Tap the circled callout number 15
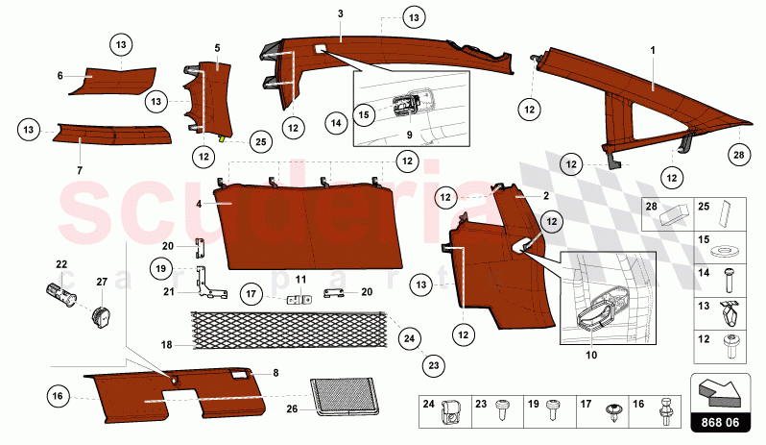pos(364,112)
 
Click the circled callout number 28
pos(737,154)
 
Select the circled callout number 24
pos(410,337)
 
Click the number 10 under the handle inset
pos(591,355)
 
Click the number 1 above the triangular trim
pos(653,48)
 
